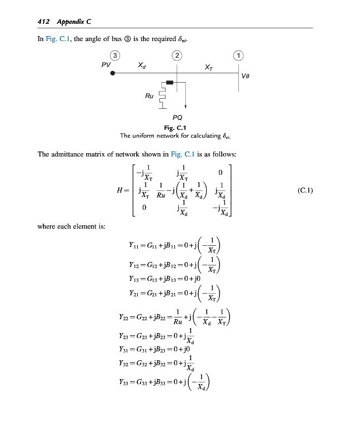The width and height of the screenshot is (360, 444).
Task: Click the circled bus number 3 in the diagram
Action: click(114, 55)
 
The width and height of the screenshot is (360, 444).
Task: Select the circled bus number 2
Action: click(177, 55)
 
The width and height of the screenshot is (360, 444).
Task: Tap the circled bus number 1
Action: click(238, 55)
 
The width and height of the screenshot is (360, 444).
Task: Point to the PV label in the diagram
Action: click(106, 65)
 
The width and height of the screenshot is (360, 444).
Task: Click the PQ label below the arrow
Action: click(177, 118)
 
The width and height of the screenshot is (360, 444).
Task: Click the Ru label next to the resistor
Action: click(149, 96)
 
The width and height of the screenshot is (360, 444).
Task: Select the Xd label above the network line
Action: click(142, 65)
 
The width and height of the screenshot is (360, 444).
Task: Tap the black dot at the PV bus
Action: click(112, 73)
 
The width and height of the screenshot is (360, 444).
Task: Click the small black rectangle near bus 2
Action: click(170, 82)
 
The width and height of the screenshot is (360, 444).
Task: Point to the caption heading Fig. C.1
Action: click(177, 128)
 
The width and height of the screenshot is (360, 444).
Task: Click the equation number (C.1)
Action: click(306, 190)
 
